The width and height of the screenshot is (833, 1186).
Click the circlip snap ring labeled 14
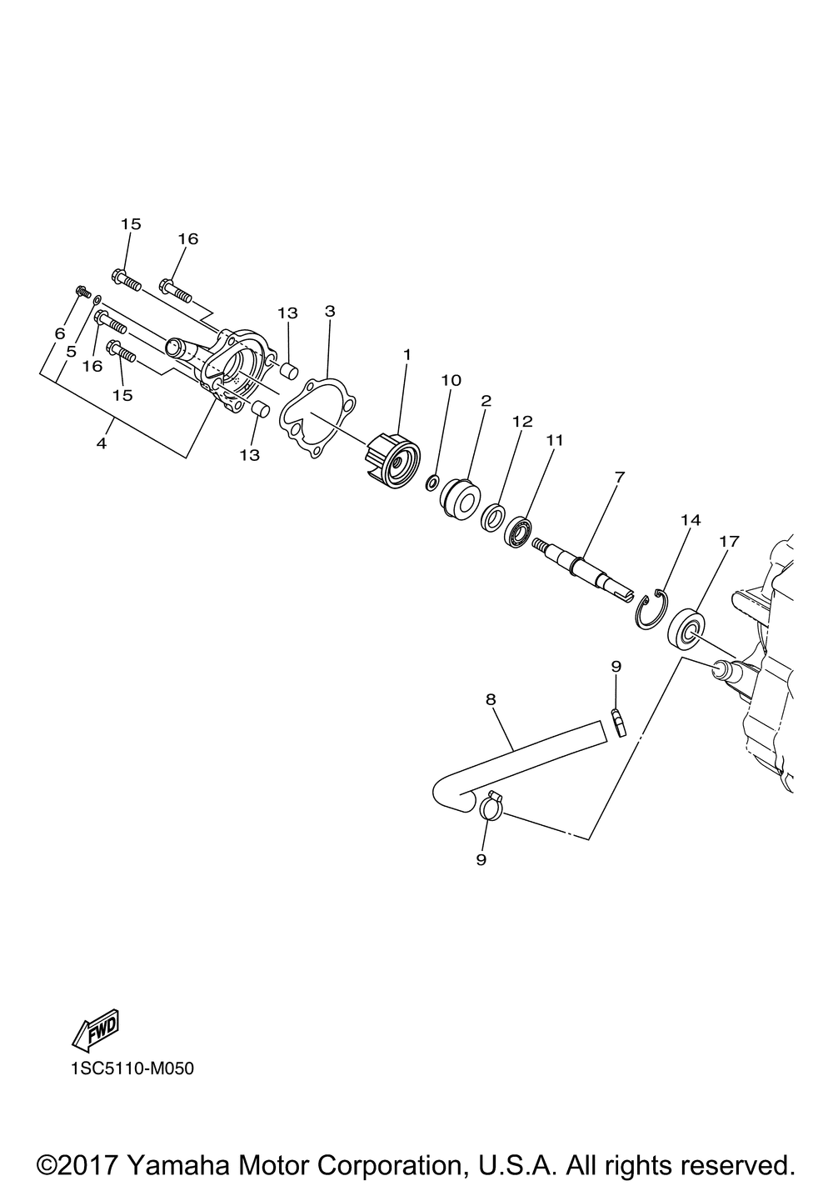pos(651,609)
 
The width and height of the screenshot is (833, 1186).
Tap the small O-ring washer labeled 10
pos(431,483)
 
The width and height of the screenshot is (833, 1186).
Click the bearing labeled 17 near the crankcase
pos(687,633)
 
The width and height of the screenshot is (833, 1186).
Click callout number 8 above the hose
pos(491,699)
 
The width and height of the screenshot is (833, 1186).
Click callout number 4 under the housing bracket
pos(102,443)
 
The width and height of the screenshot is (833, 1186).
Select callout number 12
pos(522,422)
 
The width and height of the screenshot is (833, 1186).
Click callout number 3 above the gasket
pos(330,311)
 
